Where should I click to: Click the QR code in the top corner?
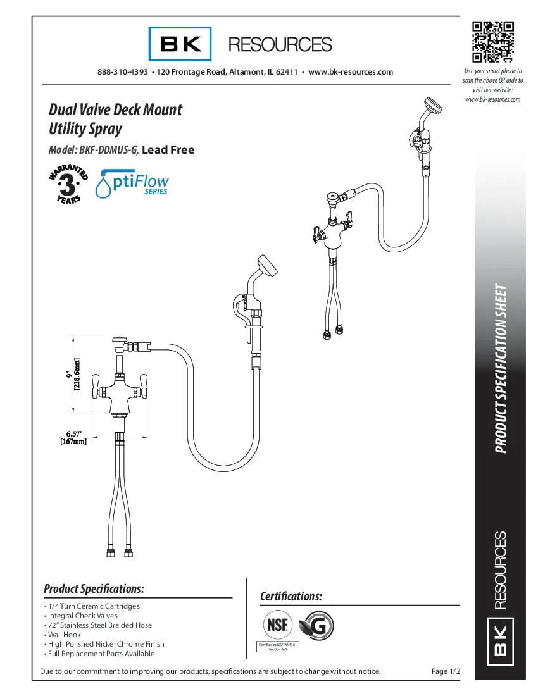pyautogui.click(x=493, y=41)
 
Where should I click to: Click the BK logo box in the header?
pyautogui.click(x=180, y=44)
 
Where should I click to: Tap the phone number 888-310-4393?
pyautogui.click(x=123, y=72)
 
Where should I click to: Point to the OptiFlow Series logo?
pyautogui.click(x=132, y=183)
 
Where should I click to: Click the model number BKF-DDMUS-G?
pyautogui.click(x=108, y=151)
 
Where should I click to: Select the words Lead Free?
pyautogui.click(x=168, y=151)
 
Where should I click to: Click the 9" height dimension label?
pyautogui.click(x=72, y=375)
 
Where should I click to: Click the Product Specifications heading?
pyautogui.click(x=94, y=589)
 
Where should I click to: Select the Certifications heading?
pyautogui.click(x=291, y=597)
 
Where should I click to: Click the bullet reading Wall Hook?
pyautogui.click(x=64, y=634)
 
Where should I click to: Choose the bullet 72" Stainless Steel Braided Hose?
pyautogui.click(x=99, y=625)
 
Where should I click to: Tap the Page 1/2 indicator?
pyautogui.click(x=446, y=671)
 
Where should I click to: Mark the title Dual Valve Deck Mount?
pyautogui.click(x=115, y=109)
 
